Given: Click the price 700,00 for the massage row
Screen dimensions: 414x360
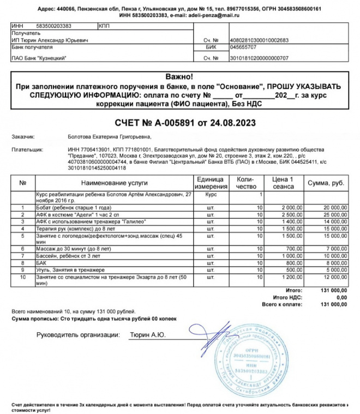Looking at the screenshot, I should [292, 249].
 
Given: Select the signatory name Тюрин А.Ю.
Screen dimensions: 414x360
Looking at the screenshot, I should [147, 335].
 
